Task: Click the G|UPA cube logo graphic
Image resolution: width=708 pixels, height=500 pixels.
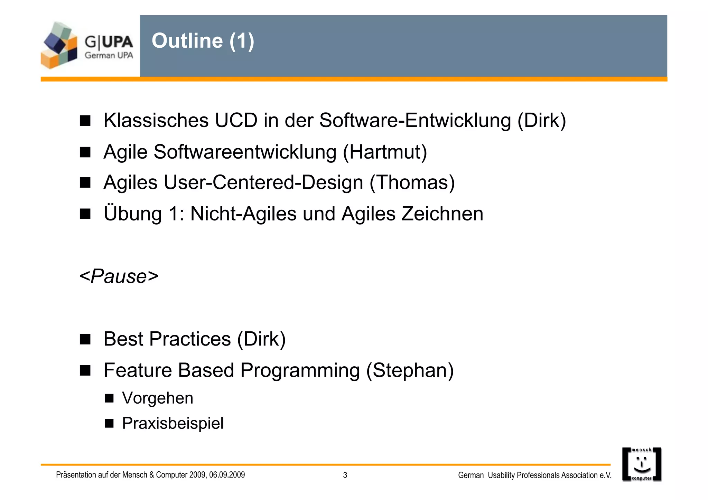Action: [59, 45]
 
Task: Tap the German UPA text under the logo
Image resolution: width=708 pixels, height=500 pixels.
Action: [109, 55]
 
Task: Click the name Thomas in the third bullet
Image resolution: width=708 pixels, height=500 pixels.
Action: [412, 182]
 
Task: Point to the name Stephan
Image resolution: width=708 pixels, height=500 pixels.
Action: [410, 370]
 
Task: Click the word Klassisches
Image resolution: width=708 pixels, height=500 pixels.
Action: [156, 121]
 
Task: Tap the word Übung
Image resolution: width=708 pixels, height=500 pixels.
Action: [133, 214]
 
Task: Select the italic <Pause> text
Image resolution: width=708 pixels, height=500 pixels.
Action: [119, 276]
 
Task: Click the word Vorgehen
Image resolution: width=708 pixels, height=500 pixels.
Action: [158, 398]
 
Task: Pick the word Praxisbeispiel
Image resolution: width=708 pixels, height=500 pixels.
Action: [173, 423]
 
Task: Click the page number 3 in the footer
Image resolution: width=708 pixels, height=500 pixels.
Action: [345, 475]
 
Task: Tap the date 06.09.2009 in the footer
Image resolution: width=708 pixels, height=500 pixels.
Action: [227, 475]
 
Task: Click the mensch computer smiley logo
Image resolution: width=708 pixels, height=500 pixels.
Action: [642, 464]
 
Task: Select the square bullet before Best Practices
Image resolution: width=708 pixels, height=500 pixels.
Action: [85, 339]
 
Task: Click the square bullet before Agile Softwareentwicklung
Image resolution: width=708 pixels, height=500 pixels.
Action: [85, 152]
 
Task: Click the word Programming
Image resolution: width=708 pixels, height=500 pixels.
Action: [300, 370]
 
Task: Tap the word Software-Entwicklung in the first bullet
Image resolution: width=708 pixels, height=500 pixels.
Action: [415, 121]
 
